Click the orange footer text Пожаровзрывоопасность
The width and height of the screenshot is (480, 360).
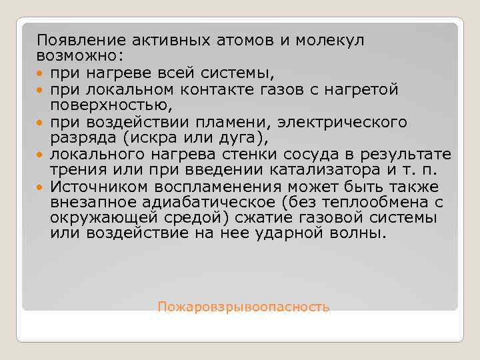coord(243,307)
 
